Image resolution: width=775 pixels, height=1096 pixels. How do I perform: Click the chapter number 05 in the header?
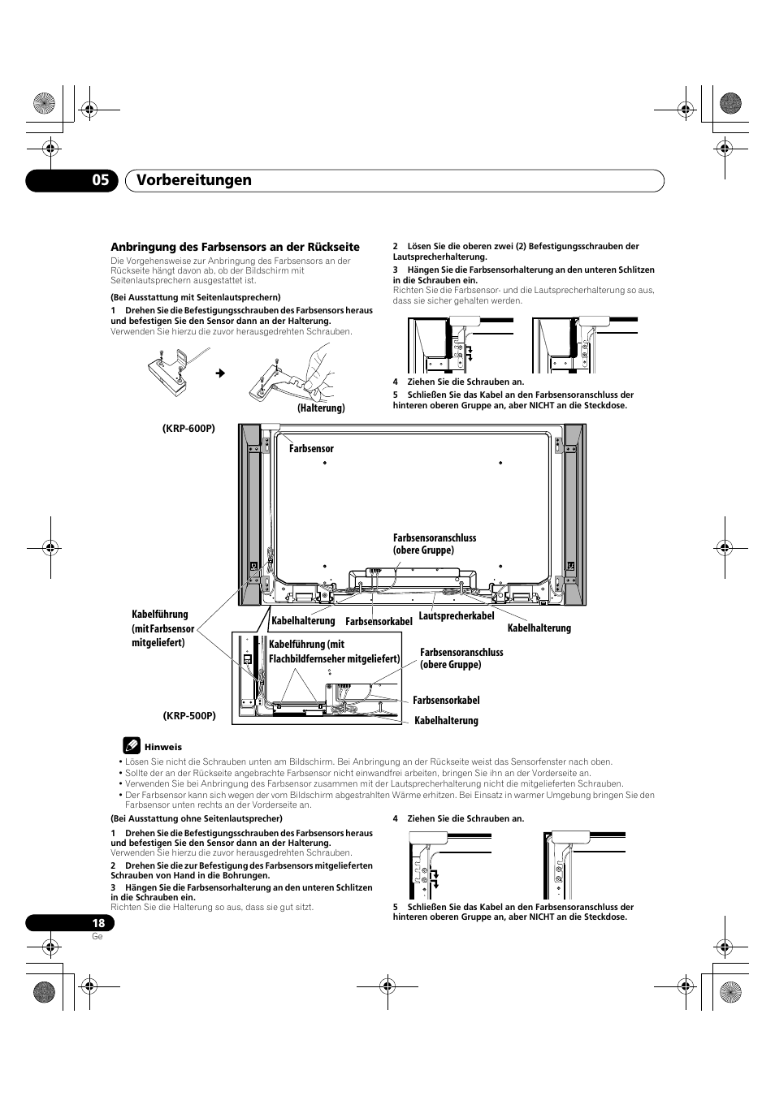pos(100,180)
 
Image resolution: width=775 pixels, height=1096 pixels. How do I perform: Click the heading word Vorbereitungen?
pos(193,180)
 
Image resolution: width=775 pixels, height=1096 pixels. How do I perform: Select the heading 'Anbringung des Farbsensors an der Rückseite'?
pos(235,247)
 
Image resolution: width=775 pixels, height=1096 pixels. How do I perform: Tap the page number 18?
pos(98,923)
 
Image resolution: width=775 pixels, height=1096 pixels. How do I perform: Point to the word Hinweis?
pos(163,747)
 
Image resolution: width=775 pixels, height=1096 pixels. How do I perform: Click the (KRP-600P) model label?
pos(189,429)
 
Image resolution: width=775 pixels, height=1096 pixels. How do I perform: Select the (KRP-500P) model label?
pos(189,715)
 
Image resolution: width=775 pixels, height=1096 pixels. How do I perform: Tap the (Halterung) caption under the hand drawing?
pos(321,408)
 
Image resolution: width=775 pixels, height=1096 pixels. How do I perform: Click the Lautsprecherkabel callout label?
pos(457,616)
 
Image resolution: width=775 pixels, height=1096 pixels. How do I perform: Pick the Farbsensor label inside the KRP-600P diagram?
pos(311,448)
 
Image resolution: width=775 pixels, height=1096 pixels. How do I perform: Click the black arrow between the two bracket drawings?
pos(219,373)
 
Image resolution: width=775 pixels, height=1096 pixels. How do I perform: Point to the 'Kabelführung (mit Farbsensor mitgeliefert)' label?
pos(162,628)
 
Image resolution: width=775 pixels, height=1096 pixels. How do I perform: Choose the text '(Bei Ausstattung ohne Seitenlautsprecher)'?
pos(197,818)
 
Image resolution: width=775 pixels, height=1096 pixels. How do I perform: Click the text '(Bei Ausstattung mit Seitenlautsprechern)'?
pos(196,297)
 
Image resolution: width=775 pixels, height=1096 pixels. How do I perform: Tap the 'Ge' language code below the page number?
pos(97,936)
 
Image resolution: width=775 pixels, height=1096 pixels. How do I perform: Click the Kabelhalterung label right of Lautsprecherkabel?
pos(539,628)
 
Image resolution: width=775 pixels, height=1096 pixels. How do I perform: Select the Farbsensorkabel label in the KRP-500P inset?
pos(446,700)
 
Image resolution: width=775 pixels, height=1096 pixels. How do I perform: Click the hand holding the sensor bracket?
pos(313,369)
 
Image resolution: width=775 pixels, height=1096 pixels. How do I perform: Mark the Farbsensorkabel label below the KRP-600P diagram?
pos(379,621)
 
